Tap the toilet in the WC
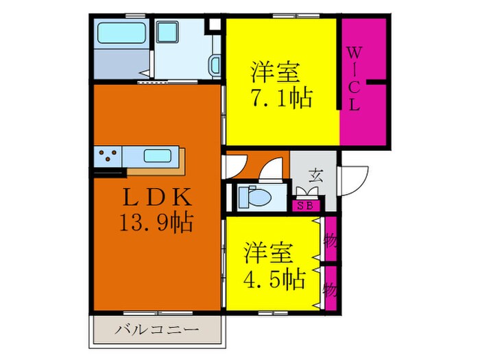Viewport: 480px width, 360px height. (x=253, y=197)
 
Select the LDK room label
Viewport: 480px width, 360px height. (x=156, y=198)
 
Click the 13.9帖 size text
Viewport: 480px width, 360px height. (x=156, y=222)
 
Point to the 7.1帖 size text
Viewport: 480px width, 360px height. (x=280, y=97)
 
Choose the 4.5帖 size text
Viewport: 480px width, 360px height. (x=274, y=279)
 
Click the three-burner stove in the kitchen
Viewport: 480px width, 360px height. (x=108, y=157)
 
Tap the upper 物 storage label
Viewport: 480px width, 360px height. (x=331, y=241)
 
